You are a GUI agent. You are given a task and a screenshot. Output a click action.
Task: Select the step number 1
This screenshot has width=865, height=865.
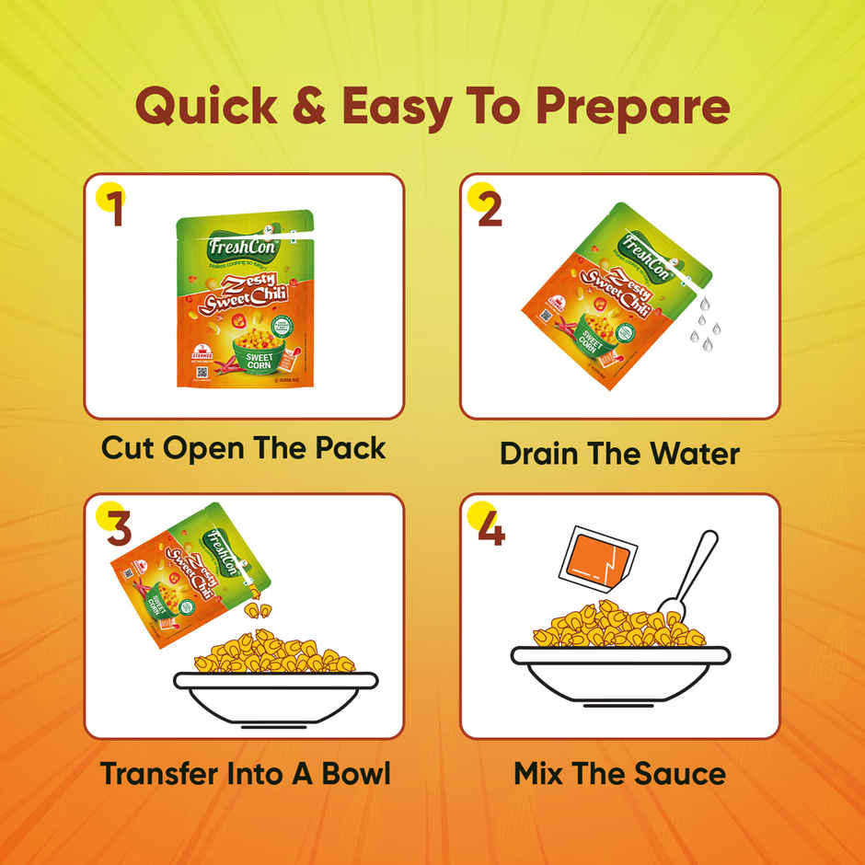(115, 208)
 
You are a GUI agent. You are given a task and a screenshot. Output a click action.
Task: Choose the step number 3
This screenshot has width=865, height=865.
(120, 527)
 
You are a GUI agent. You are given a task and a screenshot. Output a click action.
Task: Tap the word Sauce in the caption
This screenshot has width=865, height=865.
(677, 773)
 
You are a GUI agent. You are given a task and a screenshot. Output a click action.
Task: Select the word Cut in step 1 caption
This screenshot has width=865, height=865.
(128, 448)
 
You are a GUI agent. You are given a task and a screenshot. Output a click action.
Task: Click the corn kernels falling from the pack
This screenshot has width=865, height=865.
(257, 608)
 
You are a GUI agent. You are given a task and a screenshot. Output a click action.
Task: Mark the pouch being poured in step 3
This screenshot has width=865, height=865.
(190, 571)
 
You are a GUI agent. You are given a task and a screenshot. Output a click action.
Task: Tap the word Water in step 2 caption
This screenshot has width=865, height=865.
(690, 454)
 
